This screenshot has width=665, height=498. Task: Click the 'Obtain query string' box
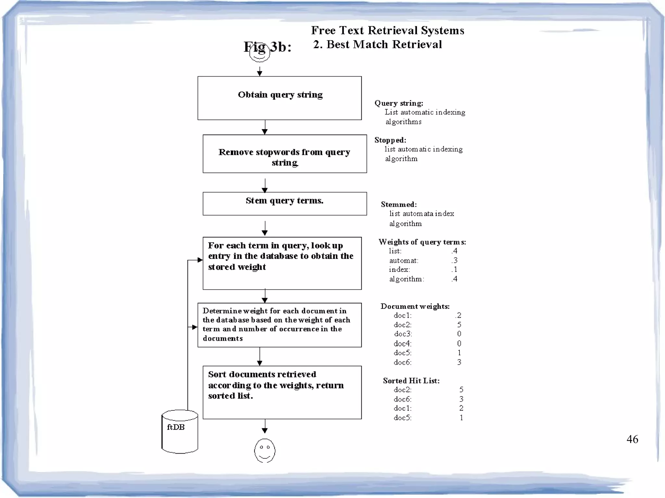coord(279,98)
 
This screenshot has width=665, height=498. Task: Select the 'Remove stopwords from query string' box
coord(284,154)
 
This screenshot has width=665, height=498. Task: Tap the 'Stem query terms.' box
coord(284,203)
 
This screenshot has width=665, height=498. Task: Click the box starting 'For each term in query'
coord(282,263)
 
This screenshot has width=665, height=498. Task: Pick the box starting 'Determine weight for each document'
coord(279,325)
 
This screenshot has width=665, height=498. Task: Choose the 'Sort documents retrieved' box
coord(282,392)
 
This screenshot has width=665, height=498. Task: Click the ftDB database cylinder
coord(180,431)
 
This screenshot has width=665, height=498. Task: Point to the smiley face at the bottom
coord(265,450)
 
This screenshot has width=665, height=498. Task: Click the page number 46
coord(632,439)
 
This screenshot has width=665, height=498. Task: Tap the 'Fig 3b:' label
coord(268,47)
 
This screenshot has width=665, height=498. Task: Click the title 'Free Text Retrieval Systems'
coord(387,30)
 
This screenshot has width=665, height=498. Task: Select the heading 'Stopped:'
coord(390,140)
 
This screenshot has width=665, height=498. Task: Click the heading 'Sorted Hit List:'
coord(411,381)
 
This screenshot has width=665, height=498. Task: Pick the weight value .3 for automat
coord(454,260)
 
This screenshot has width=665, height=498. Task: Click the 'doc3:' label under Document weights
coord(403,334)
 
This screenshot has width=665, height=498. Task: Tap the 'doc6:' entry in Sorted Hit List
coord(402,399)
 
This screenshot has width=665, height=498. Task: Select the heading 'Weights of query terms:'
coord(422,242)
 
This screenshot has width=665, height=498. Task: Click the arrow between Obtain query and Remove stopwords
coord(265,127)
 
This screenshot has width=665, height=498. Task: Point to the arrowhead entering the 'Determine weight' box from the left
coord(194,327)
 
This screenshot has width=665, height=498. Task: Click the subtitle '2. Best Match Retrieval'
coord(377,44)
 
